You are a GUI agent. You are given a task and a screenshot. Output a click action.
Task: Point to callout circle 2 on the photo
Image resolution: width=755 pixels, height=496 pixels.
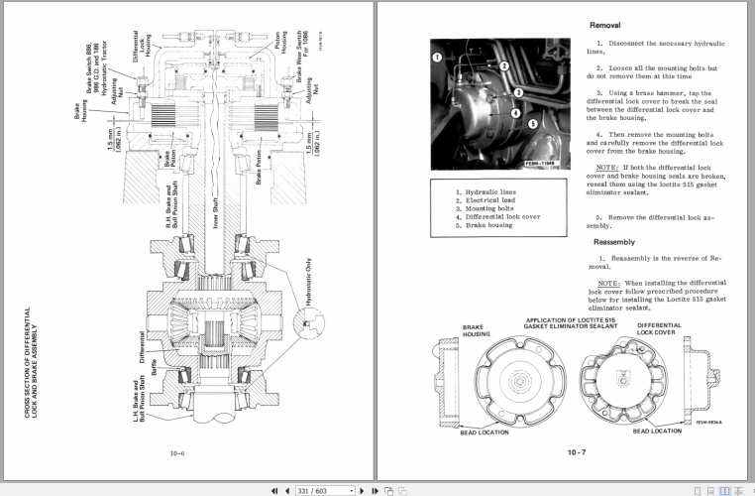(x=504, y=66)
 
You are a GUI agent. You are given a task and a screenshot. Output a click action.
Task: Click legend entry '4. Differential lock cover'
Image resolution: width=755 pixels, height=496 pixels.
(x=498, y=215)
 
